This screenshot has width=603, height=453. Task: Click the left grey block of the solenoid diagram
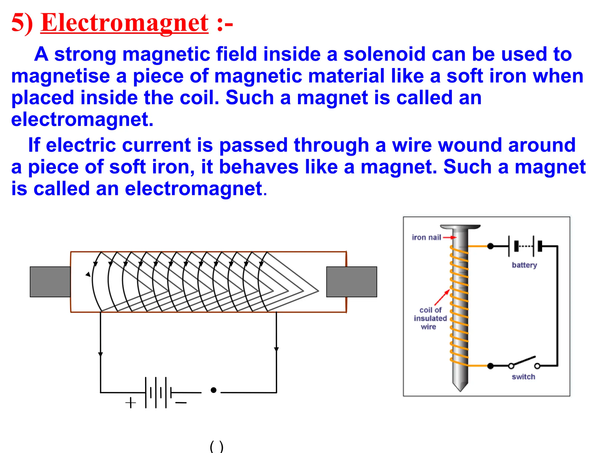[50, 282]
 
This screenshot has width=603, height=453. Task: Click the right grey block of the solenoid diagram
[352, 282]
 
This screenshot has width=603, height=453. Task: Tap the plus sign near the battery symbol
[130, 403]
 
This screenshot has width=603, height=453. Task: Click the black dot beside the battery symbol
[214, 390]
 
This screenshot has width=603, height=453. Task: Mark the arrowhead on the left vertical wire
[100, 354]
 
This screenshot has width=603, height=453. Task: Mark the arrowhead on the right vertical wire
[276, 349]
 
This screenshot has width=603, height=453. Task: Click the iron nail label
[426, 237]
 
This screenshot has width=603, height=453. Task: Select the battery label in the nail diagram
[524, 265]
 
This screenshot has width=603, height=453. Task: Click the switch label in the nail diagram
[523, 377]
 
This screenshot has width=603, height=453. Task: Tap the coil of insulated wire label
[430, 318]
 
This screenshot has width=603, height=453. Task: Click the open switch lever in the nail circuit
[524, 361]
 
